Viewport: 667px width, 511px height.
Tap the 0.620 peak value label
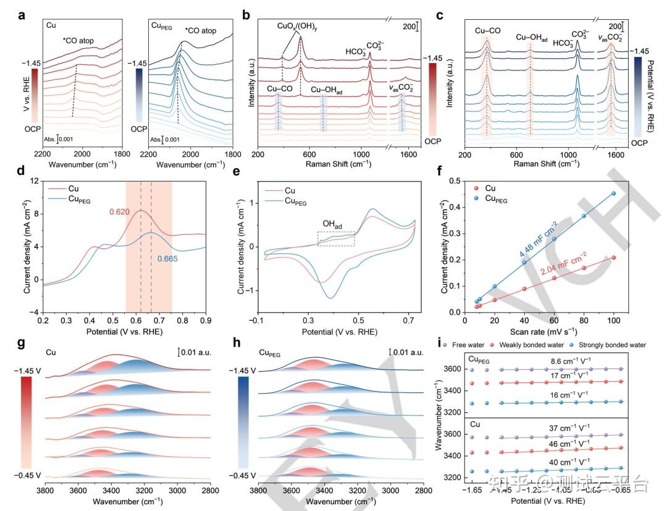tap(120, 213)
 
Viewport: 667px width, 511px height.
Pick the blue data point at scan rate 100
tap(614, 193)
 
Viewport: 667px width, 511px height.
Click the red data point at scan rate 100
tap(614, 258)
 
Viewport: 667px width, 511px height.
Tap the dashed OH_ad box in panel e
tap(336, 239)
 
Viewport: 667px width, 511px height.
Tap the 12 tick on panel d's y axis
tap(34, 180)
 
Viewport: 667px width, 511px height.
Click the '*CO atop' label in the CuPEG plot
tap(203, 30)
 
